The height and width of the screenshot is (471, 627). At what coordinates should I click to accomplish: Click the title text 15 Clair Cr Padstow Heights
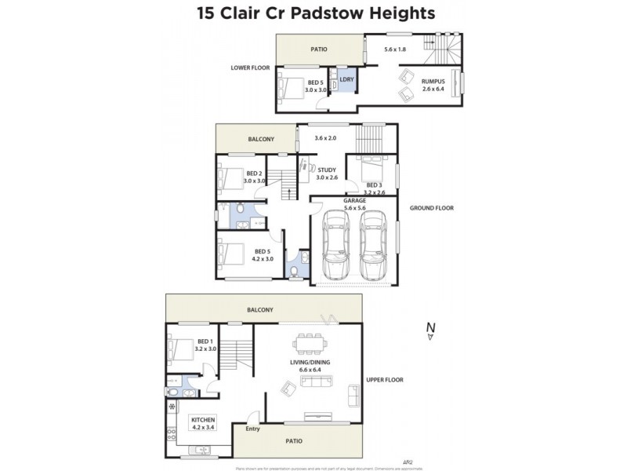[x=313, y=13]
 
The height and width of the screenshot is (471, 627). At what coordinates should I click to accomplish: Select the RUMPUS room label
[x=433, y=80]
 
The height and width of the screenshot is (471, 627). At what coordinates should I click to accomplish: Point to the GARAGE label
[x=355, y=200]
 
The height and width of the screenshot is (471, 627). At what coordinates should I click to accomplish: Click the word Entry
[x=252, y=429]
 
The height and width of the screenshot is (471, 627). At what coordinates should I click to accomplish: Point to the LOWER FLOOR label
[x=250, y=68]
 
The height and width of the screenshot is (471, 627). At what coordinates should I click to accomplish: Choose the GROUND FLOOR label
[x=431, y=208]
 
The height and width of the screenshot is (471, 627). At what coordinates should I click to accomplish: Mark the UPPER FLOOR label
[x=384, y=380]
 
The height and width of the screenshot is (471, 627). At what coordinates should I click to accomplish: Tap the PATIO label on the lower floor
[x=319, y=49]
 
